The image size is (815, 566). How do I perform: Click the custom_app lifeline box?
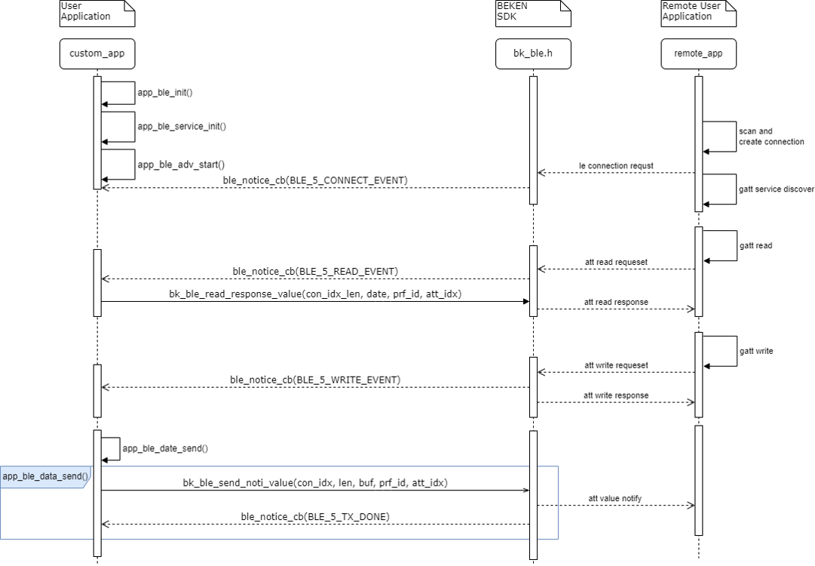tap(97, 54)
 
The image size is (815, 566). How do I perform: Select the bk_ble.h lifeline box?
tap(533, 54)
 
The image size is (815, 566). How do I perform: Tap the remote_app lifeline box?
tap(699, 54)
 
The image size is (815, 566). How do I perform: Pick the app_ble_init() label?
tap(165, 93)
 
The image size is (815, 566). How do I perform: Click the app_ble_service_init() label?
tap(182, 126)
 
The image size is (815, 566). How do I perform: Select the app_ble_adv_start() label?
tap(181, 164)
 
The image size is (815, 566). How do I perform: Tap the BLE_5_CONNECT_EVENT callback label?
tap(315, 180)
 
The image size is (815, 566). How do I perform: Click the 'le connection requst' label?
tap(616, 165)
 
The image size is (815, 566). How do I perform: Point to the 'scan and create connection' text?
tap(771, 137)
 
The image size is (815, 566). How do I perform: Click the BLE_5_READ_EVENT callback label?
tap(315, 271)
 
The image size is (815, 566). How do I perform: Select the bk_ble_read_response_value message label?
tap(315, 294)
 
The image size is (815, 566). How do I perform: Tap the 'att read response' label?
tap(616, 302)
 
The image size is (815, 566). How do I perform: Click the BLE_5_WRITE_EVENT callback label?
tap(315, 380)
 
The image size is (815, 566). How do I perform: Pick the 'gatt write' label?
tap(756, 351)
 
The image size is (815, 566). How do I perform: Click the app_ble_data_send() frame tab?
tap(45, 476)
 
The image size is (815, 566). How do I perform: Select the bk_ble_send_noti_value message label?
tap(315, 482)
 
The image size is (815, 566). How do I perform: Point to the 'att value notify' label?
tap(616, 498)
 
